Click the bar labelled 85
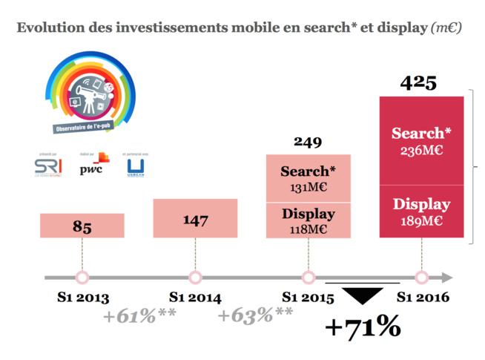pos(82,226)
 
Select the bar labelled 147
pos(195,218)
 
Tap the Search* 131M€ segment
pos(308,178)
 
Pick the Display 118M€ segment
pos(308,220)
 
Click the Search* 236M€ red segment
pos(421,140)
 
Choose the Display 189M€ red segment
pos(421,212)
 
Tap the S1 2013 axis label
pos(82,298)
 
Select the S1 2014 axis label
pos(195,298)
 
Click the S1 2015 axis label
pos(308,298)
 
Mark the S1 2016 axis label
pos(422,298)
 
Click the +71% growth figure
pos(363,327)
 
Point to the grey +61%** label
pos(140,315)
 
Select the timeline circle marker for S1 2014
pos(195,278)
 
